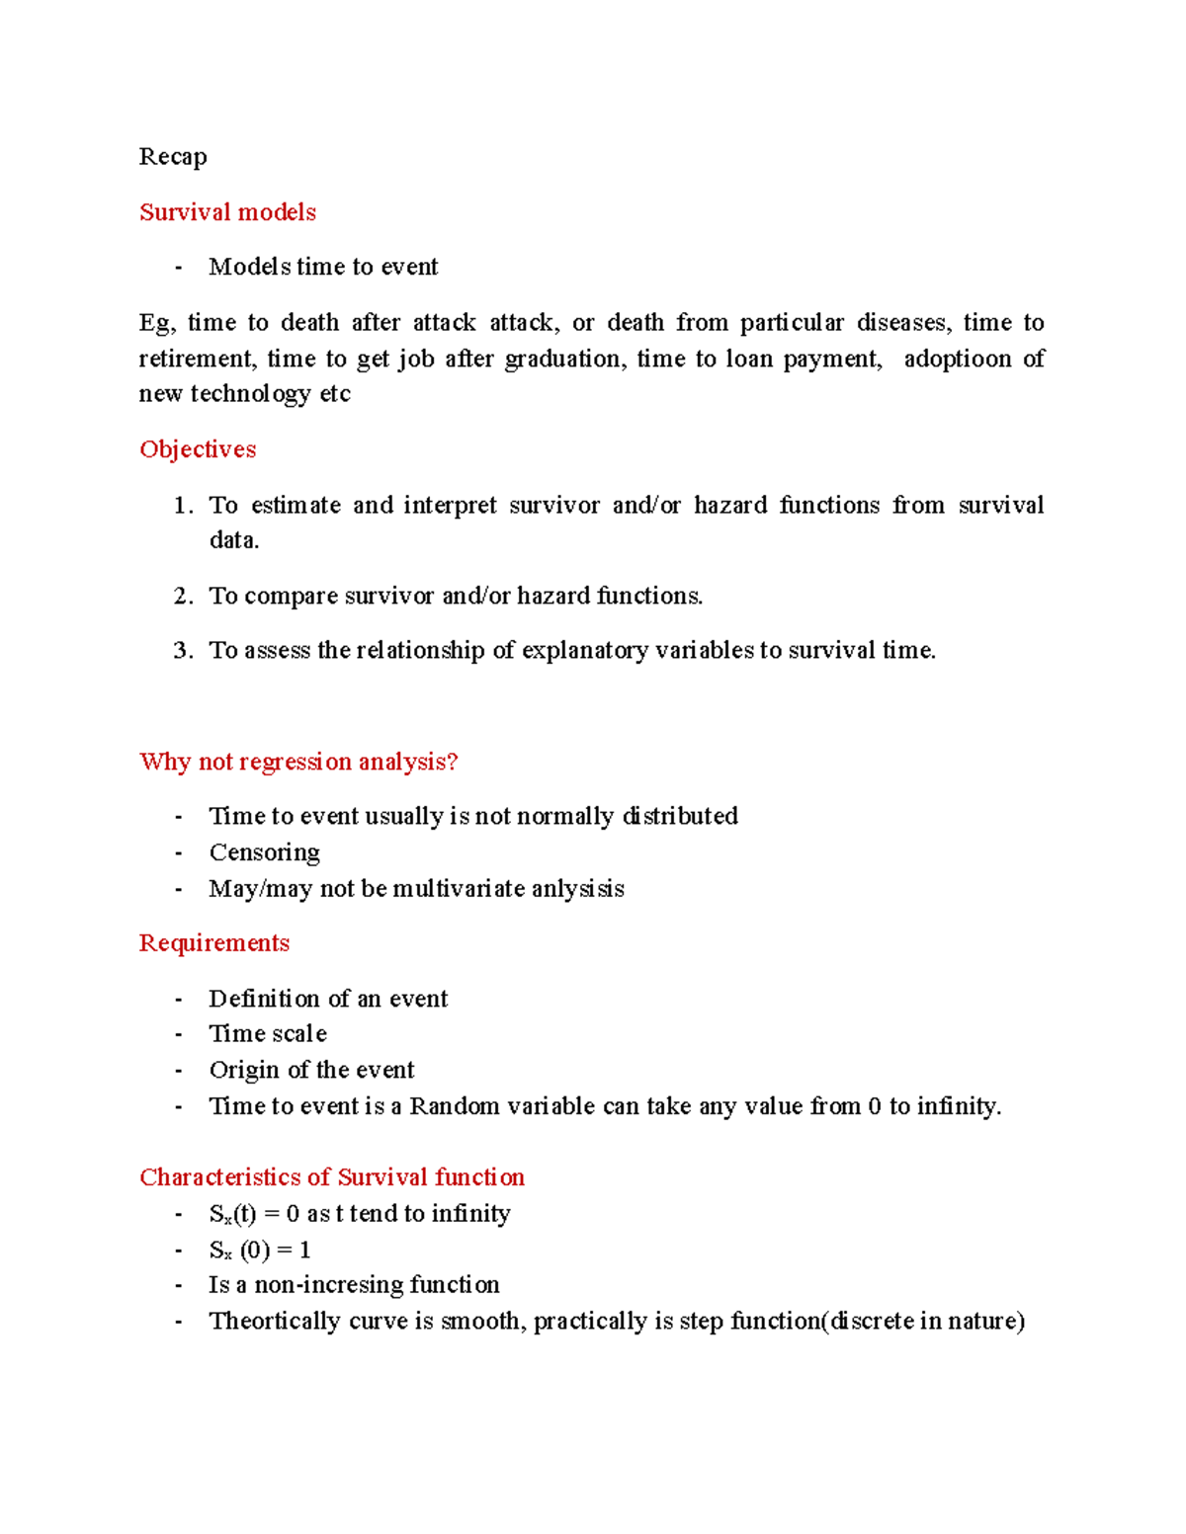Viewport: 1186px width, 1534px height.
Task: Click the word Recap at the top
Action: [x=173, y=157]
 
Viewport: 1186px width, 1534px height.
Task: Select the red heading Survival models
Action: [x=227, y=212]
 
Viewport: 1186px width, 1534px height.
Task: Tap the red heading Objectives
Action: [x=198, y=449]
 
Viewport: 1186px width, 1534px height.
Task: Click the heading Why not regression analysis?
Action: [x=298, y=762]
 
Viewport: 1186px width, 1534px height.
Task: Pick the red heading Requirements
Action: [x=214, y=943]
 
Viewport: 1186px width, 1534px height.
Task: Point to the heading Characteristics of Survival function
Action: [x=332, y=1177]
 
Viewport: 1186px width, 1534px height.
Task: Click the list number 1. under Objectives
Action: [x=183, y=506]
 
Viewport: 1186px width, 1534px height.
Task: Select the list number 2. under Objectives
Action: [x=183, y=597]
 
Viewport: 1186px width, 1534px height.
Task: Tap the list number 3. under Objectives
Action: [x=183, y=651]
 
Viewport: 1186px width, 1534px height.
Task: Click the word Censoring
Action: [x=264, y=852]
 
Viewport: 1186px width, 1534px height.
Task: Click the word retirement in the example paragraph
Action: [x=196, y=359]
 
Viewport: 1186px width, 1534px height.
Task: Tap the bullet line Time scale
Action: [x=268, y=1034]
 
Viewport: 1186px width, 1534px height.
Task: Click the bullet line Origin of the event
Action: [x=311, y=1071]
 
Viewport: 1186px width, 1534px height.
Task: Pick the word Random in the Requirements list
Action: [x=455, y=1106]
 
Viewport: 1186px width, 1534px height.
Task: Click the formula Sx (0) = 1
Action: [x=260, y=1251]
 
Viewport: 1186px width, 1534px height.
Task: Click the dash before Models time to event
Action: [x=178, y=268]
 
